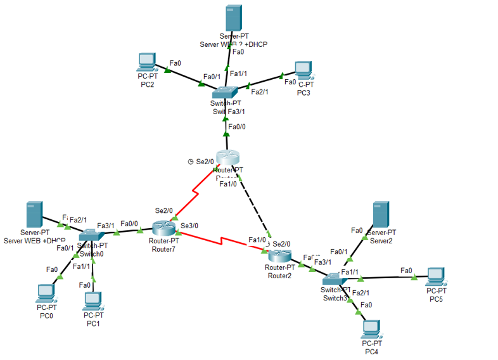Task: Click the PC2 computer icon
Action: [147, 61]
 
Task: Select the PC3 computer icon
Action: [303, 69]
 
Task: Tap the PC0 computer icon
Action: [46, 292]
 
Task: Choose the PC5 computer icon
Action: [435, 276]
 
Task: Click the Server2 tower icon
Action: [380, 214]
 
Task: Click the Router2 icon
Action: [279, 255]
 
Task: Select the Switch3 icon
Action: [332, 280]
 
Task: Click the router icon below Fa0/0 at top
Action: [226, 158]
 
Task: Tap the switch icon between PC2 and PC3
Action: [224, 91]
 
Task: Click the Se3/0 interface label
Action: [189, 225]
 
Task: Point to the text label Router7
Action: [164, 249]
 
